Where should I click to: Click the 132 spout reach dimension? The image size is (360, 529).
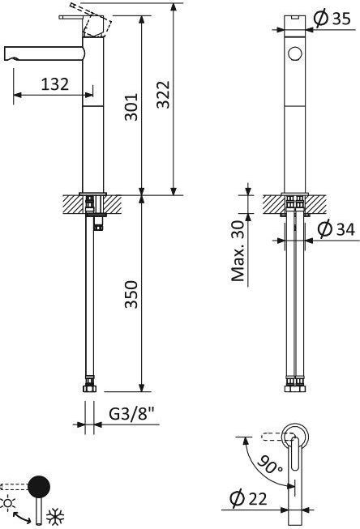click(x=54, y=84)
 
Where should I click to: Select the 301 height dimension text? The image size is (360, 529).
click(x=131, y=107)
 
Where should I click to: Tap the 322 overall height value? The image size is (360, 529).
click(x=163, y=94)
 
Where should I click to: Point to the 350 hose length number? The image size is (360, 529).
click(x=131, y=294)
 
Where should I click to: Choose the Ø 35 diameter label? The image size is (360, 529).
click(x=332, y=19)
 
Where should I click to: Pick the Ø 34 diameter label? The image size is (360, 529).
click(x=336, y=229)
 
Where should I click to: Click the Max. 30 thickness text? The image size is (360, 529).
click(x=238, y=251)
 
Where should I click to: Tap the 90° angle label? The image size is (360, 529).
click(x=270, y=464)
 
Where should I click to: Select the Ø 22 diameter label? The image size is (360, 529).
click(x=248, y=498)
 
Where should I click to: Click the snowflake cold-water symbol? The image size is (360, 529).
click(x=54, y=516)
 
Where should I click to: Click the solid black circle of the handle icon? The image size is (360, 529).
click(x=39, y=487)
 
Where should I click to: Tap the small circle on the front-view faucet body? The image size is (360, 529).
click(x=295, y=53)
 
